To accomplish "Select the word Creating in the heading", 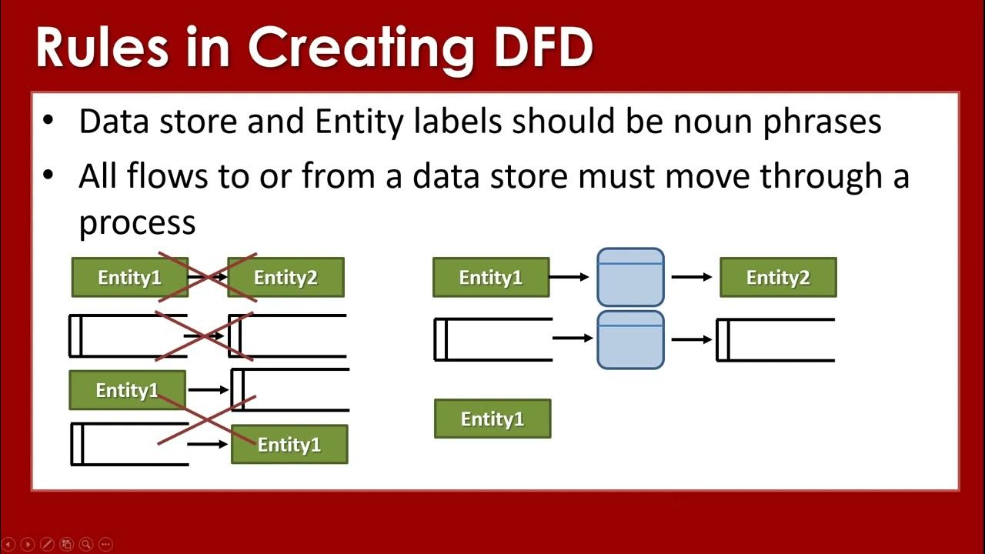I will tap(360, 48).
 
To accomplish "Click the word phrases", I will tap(822, 123).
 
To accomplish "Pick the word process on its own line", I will tap(137, 223).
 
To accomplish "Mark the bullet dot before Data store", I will tap(48, 122).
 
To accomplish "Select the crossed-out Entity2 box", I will tap(285, 278).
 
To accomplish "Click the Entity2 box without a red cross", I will tap(778, 278).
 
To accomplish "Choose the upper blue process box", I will tap(630, 277).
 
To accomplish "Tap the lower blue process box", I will tap(630, 339).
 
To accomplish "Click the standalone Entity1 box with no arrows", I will tap(492, 419).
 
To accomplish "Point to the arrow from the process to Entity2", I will tap(691, 277).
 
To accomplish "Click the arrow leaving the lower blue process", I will tap(691, 339).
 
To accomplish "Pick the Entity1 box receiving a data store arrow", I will tap(289, 445).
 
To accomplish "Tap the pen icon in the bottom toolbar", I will tap(46, 544).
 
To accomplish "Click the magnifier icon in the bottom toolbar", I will tap(86, 544).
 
